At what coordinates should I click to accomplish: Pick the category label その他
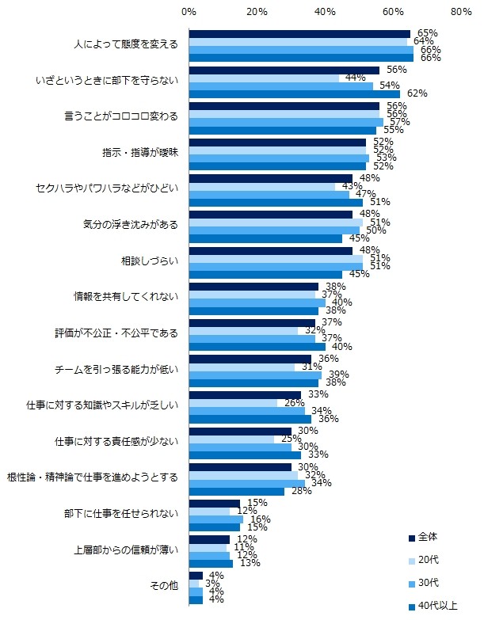point(165,585)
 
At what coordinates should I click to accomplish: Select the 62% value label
point(417,93)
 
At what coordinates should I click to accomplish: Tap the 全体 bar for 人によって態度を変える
point(299,33)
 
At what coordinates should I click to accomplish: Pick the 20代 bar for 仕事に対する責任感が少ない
point(231,439)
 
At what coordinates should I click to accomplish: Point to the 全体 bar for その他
point(196,575)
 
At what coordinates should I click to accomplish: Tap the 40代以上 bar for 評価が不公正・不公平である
point(257,346)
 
